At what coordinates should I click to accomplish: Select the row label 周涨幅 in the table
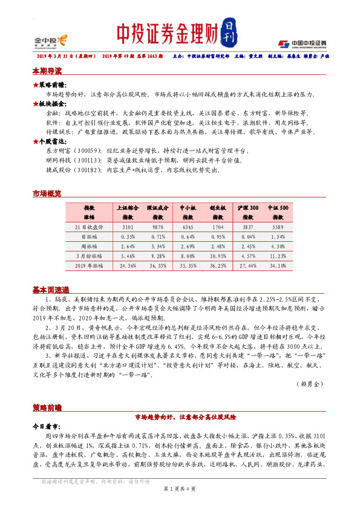pyautogui.click(x=90, y=247)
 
